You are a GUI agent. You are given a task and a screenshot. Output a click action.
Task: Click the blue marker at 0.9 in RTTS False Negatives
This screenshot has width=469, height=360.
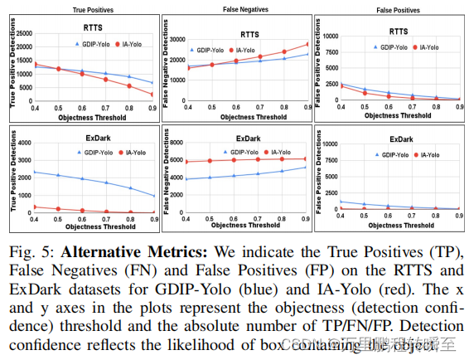[x=307, y=54]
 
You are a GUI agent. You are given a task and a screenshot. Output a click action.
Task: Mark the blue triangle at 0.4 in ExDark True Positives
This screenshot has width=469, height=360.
[x=35, y=172]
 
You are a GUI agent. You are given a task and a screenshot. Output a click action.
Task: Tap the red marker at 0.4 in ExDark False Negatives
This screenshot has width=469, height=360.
[x=189, y=162]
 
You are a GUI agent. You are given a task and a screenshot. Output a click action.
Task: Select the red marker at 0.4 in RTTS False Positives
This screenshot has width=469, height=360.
[x=341, y=85]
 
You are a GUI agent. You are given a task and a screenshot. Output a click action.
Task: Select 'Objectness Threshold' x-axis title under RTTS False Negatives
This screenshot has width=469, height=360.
[x=247, y=117]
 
